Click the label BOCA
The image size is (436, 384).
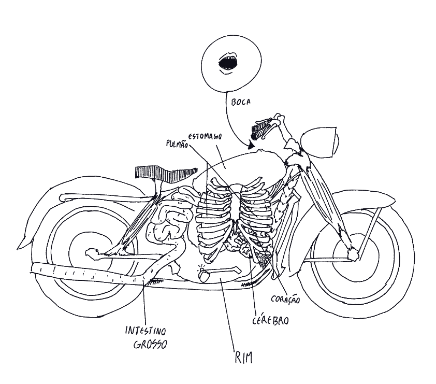tap(242, 103)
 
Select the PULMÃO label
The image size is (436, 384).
tap(177, 144)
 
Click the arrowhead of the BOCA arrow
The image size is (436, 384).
tap(251, 147)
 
